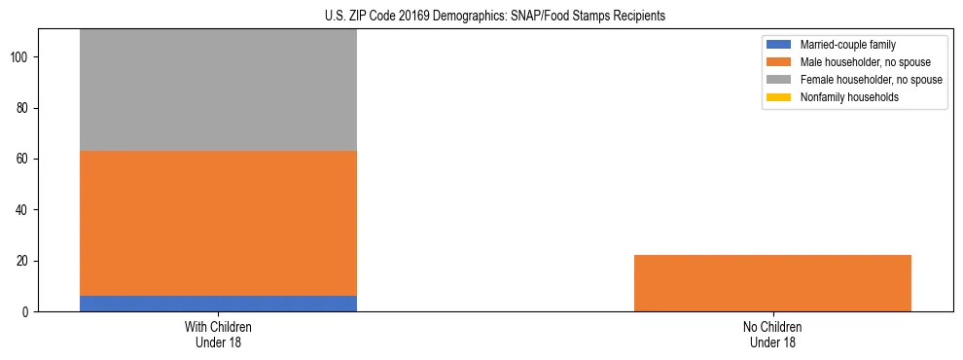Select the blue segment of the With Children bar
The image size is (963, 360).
pos(218,304)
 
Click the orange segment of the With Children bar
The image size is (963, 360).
pos(218,223)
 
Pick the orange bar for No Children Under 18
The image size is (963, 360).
pos(772,283)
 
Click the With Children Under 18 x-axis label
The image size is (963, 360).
pos(218,334)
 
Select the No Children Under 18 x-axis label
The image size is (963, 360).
pos(772,334)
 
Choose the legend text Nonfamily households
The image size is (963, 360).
pos(842,97)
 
